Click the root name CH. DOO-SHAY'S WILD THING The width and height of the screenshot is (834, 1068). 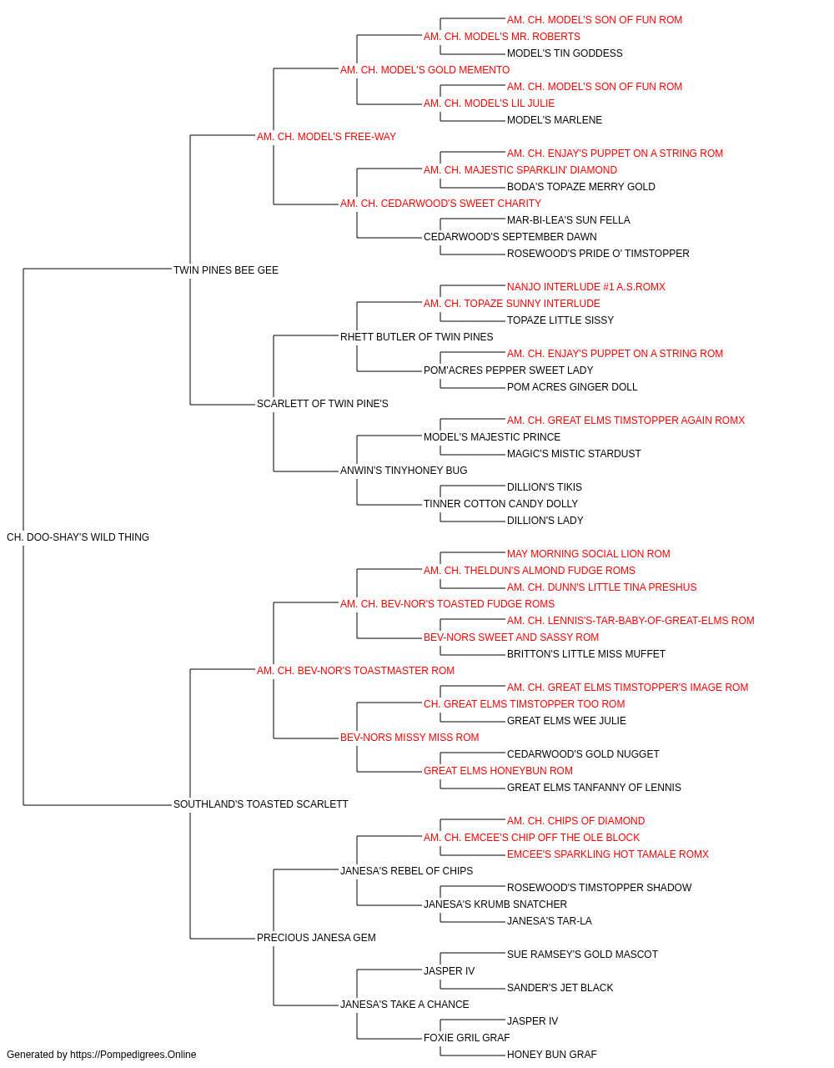pyautogui.click(x=78, y=537)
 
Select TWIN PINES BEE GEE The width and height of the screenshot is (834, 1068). pyautogui.click(x=226, y=270)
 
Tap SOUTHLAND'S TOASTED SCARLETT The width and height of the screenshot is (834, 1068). pyautogui.click(x=261, y=804)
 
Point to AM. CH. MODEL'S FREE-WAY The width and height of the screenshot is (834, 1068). pyautogui.click(x=326, y=137)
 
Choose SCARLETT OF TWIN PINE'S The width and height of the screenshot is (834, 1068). pyautogui.click(x=322, y=404)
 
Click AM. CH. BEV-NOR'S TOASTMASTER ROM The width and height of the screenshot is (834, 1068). pyautogui.click(x=355, y=671)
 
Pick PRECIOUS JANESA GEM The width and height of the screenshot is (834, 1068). pyautogui.click(x=316, y=938)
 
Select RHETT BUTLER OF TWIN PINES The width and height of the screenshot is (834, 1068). pyautogui.click(x=416, y=337)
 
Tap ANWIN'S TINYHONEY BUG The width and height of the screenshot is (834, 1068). pyautogui.click(x=404, y=471)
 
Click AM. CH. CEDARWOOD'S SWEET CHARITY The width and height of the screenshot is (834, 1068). pyautogui.click(x=440, y=204)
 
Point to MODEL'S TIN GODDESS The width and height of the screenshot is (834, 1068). pyautogui.click(x=565, y=53)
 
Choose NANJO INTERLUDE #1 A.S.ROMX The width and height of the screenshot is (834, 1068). pyautogui.click(x=586, y=287)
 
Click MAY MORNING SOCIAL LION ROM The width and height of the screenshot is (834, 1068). pyautogui.click(x=589, y=554)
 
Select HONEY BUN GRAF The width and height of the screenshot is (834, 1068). pyautogui.click(x=552, y=1055)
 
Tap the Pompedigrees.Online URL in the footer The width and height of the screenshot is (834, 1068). pyautogui.click(x=133, y=1055)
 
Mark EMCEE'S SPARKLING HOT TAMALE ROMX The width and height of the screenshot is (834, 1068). pyautogui.click(x=608, y=854)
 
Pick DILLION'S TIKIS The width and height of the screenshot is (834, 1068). pyautogui.click(x=545, y=487)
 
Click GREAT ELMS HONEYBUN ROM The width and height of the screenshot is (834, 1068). pyautogui.click(x=498, y=771)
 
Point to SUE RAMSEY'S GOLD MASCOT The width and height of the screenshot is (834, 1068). pyautogui.click(x=582, y=955)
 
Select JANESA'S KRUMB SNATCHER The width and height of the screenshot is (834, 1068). pyautogui.click(x=495, y=904)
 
